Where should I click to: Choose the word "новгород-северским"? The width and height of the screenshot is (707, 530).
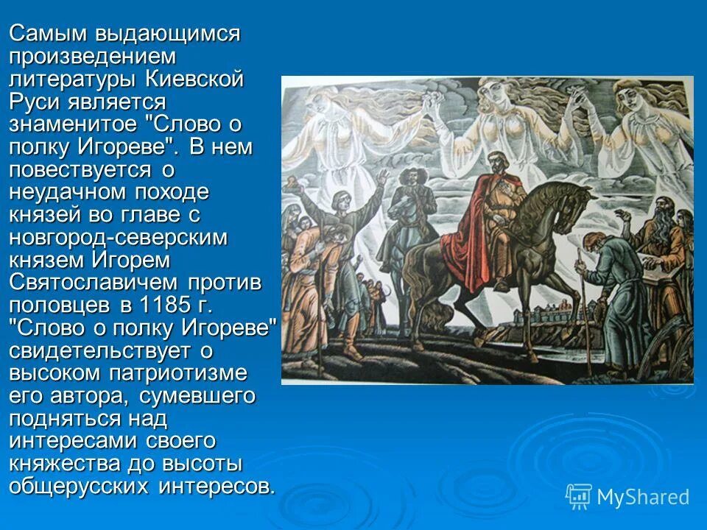point(119,237)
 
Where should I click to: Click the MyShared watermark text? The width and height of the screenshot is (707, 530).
point(643,498)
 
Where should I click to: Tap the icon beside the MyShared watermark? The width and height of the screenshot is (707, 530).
point(578,497)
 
